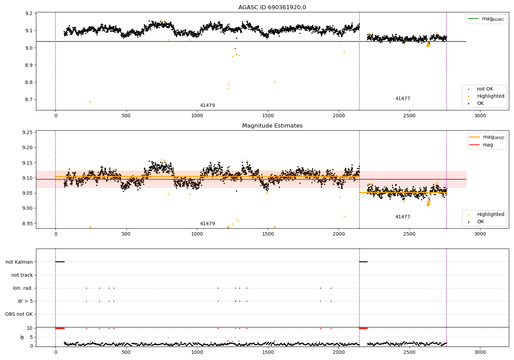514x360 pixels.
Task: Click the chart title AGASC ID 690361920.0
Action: (x=272, y=7)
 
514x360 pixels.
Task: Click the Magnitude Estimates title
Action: (x=272, y=125)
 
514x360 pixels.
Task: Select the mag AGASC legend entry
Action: (x=486, y=19)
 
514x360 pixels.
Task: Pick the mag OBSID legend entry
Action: (x=487, y=137)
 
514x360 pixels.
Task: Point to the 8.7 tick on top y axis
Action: (x=29, y=100)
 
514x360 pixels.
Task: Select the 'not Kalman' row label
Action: (x=19, y=262)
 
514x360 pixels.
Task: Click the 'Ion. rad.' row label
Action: (x=23, y=288)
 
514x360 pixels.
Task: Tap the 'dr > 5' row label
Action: (x=25, y=301)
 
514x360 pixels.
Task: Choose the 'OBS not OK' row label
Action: (x=19, y=314)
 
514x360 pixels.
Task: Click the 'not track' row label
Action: (x=22, y=275)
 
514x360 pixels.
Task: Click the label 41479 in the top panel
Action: (x=207, y=105)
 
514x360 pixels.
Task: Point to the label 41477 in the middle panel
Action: (x=403, y=217)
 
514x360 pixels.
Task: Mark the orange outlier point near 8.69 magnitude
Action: (x=90, y=102)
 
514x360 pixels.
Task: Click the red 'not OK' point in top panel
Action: (x=235, y=48)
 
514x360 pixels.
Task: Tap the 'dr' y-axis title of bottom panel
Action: (x=22, y=337)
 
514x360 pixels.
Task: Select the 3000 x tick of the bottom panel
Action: (x=480, y=352)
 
